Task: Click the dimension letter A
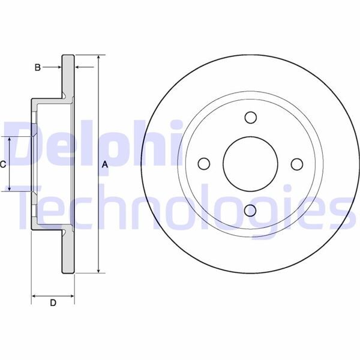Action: click(x=105, y=164)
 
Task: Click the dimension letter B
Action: click(x=37, y=67)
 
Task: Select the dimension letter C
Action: click(x=3, y=164)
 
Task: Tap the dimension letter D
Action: click(x=53, y=303)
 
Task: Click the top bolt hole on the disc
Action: click(x=251, y=118)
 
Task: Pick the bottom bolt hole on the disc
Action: click(x=251, y=209)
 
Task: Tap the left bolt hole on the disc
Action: click(x=205, y=164)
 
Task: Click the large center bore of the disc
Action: click(x=251, y=164)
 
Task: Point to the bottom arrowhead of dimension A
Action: click(x=98, y=269)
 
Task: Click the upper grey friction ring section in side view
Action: click(x=68, y=75)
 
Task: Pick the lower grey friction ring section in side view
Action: click(x=68, y=252)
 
